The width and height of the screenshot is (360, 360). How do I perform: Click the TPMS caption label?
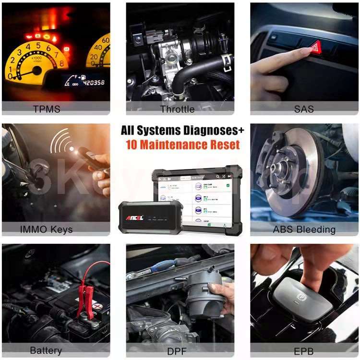(x=47, y=109)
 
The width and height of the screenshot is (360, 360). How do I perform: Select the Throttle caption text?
(x=177, y=109)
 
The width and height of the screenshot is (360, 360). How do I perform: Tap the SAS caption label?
(x=303, y=109)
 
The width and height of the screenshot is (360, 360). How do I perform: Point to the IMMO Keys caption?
(x=47, y=229)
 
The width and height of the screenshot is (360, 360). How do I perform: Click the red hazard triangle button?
(x=315, y=47)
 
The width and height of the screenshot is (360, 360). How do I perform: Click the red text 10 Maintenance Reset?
(x=183, y=145)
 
